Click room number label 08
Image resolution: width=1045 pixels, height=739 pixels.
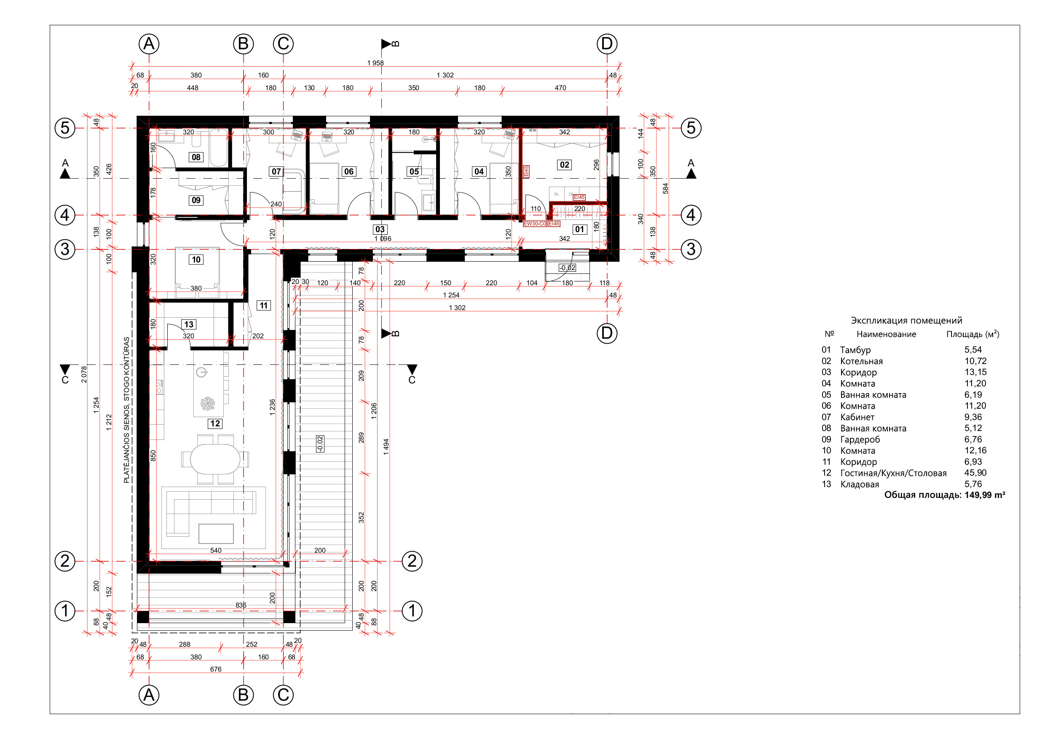(196, 157)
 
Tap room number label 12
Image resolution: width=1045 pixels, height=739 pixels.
(215, 424)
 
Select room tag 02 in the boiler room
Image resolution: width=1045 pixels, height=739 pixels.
(564, 165)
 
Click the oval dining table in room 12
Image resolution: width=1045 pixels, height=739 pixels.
(215, 459)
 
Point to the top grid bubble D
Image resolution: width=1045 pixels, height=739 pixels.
(606, 44)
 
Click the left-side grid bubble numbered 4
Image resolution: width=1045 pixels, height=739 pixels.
(65, 215)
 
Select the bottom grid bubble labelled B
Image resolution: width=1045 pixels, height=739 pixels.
(243, 695)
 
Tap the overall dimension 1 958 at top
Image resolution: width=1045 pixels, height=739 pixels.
(375, 63)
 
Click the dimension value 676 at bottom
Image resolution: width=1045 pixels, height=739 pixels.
(216, 669)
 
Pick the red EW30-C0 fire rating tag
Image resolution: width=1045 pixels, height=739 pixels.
(534, 224)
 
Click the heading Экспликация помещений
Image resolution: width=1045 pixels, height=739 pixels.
(906, 320)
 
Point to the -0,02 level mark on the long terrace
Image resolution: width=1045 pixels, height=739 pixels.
(319, 444)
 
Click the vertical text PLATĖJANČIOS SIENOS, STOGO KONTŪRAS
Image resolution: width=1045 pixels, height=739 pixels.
(126, 410)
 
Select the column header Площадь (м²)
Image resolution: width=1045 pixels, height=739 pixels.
(973, 334)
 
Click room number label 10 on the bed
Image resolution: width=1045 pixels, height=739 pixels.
(196, 260)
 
